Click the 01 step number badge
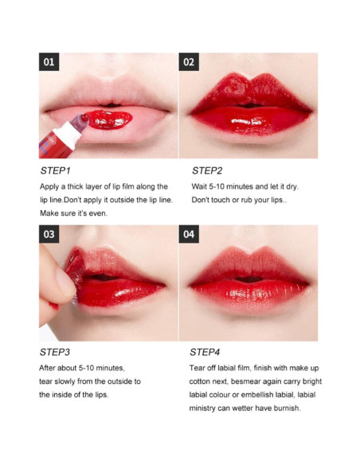[x=49, y=62]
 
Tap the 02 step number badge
[x=189, y=62]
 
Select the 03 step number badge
[x=49, y=234]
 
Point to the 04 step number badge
[x=189, y=234]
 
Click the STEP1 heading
[x=56, y=170]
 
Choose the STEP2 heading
[x=207, y=170]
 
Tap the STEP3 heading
[x=56, y=351]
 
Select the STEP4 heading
[x=205, y=351]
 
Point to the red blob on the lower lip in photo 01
[x=107, y=119]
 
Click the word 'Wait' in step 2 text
[x=200, y=186]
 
